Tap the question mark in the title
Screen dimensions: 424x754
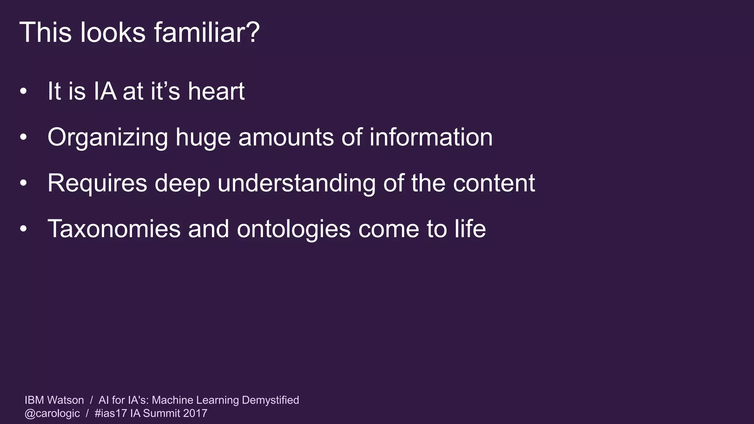(x=253, y=32)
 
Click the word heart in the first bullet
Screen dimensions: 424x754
(x=216, y=91)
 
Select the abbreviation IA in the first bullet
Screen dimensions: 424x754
(x=105, y=91)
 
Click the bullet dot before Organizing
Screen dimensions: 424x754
(x=24, y=137)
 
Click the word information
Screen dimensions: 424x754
(x=431, y=137)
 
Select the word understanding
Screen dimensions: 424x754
(x=296, y=183)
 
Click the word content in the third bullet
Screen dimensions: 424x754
(x=494, y=183)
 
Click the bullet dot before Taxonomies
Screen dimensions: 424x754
(x=24, y=229)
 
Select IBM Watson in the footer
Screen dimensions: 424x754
(x=54, y=400)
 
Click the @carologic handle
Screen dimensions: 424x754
(x=52, y=413)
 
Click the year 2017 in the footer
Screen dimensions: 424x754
(x=195, y=413)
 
